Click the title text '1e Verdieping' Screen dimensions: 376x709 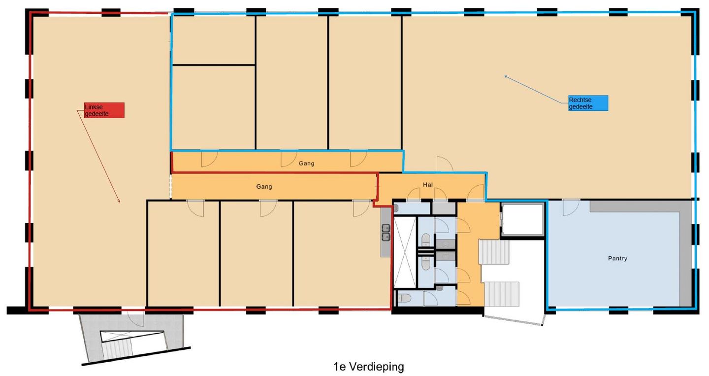point(368,367)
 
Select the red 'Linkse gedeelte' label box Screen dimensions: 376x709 point(103,110)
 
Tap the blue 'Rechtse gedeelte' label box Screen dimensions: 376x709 point(588,103)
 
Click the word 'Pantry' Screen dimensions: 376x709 point(617,258)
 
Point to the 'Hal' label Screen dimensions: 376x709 point(427,185)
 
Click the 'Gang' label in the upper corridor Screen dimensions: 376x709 point(306,163)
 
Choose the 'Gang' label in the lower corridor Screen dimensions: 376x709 point(264,187)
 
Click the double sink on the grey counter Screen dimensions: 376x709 point(386,232)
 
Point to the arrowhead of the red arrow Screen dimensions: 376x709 point(119,201)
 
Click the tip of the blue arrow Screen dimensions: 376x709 point(505,76)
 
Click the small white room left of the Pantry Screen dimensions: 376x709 point(522,220)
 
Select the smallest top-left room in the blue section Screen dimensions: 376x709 point(213,40)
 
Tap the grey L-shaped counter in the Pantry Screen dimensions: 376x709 point(684,246)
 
